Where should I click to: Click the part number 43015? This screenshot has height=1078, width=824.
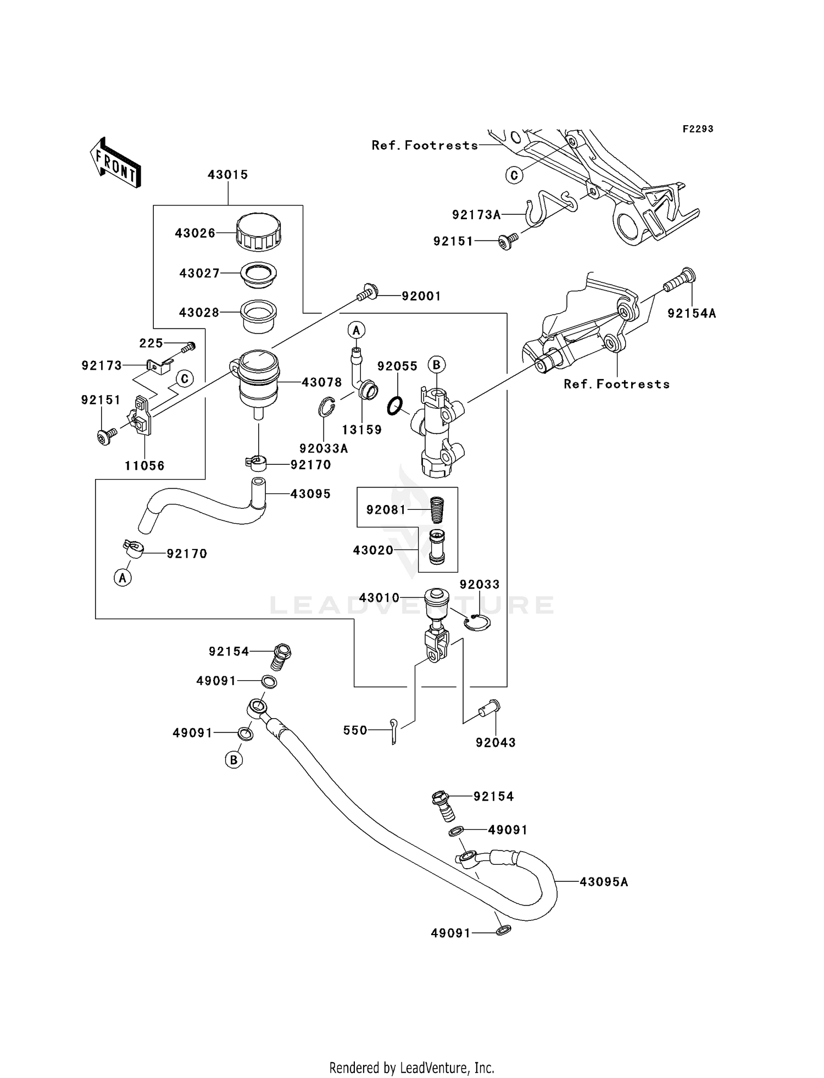227,175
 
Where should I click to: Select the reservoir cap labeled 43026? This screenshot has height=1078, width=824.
258,231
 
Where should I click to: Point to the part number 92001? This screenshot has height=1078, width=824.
421,296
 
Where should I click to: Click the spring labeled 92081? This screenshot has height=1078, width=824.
438,509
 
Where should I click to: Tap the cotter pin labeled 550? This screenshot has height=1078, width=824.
394,731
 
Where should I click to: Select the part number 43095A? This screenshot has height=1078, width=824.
604,882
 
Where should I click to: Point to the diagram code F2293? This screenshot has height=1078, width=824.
698,129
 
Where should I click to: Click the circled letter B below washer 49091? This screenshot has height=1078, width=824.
233,760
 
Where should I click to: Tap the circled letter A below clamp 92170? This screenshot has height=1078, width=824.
123,578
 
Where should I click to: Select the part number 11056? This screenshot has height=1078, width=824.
144,466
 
